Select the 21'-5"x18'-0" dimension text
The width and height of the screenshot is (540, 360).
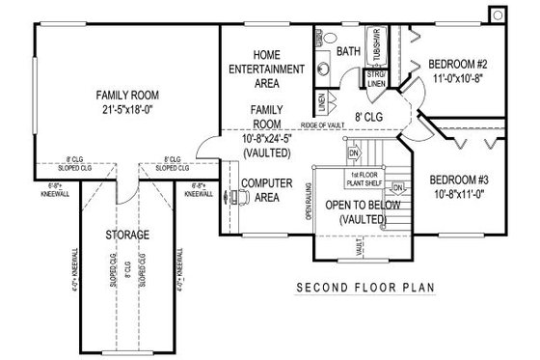[x=126, y=109]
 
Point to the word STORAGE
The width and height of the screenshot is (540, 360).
[x=126, y=235]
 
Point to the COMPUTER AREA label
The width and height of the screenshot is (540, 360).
[x=266, y=189]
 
